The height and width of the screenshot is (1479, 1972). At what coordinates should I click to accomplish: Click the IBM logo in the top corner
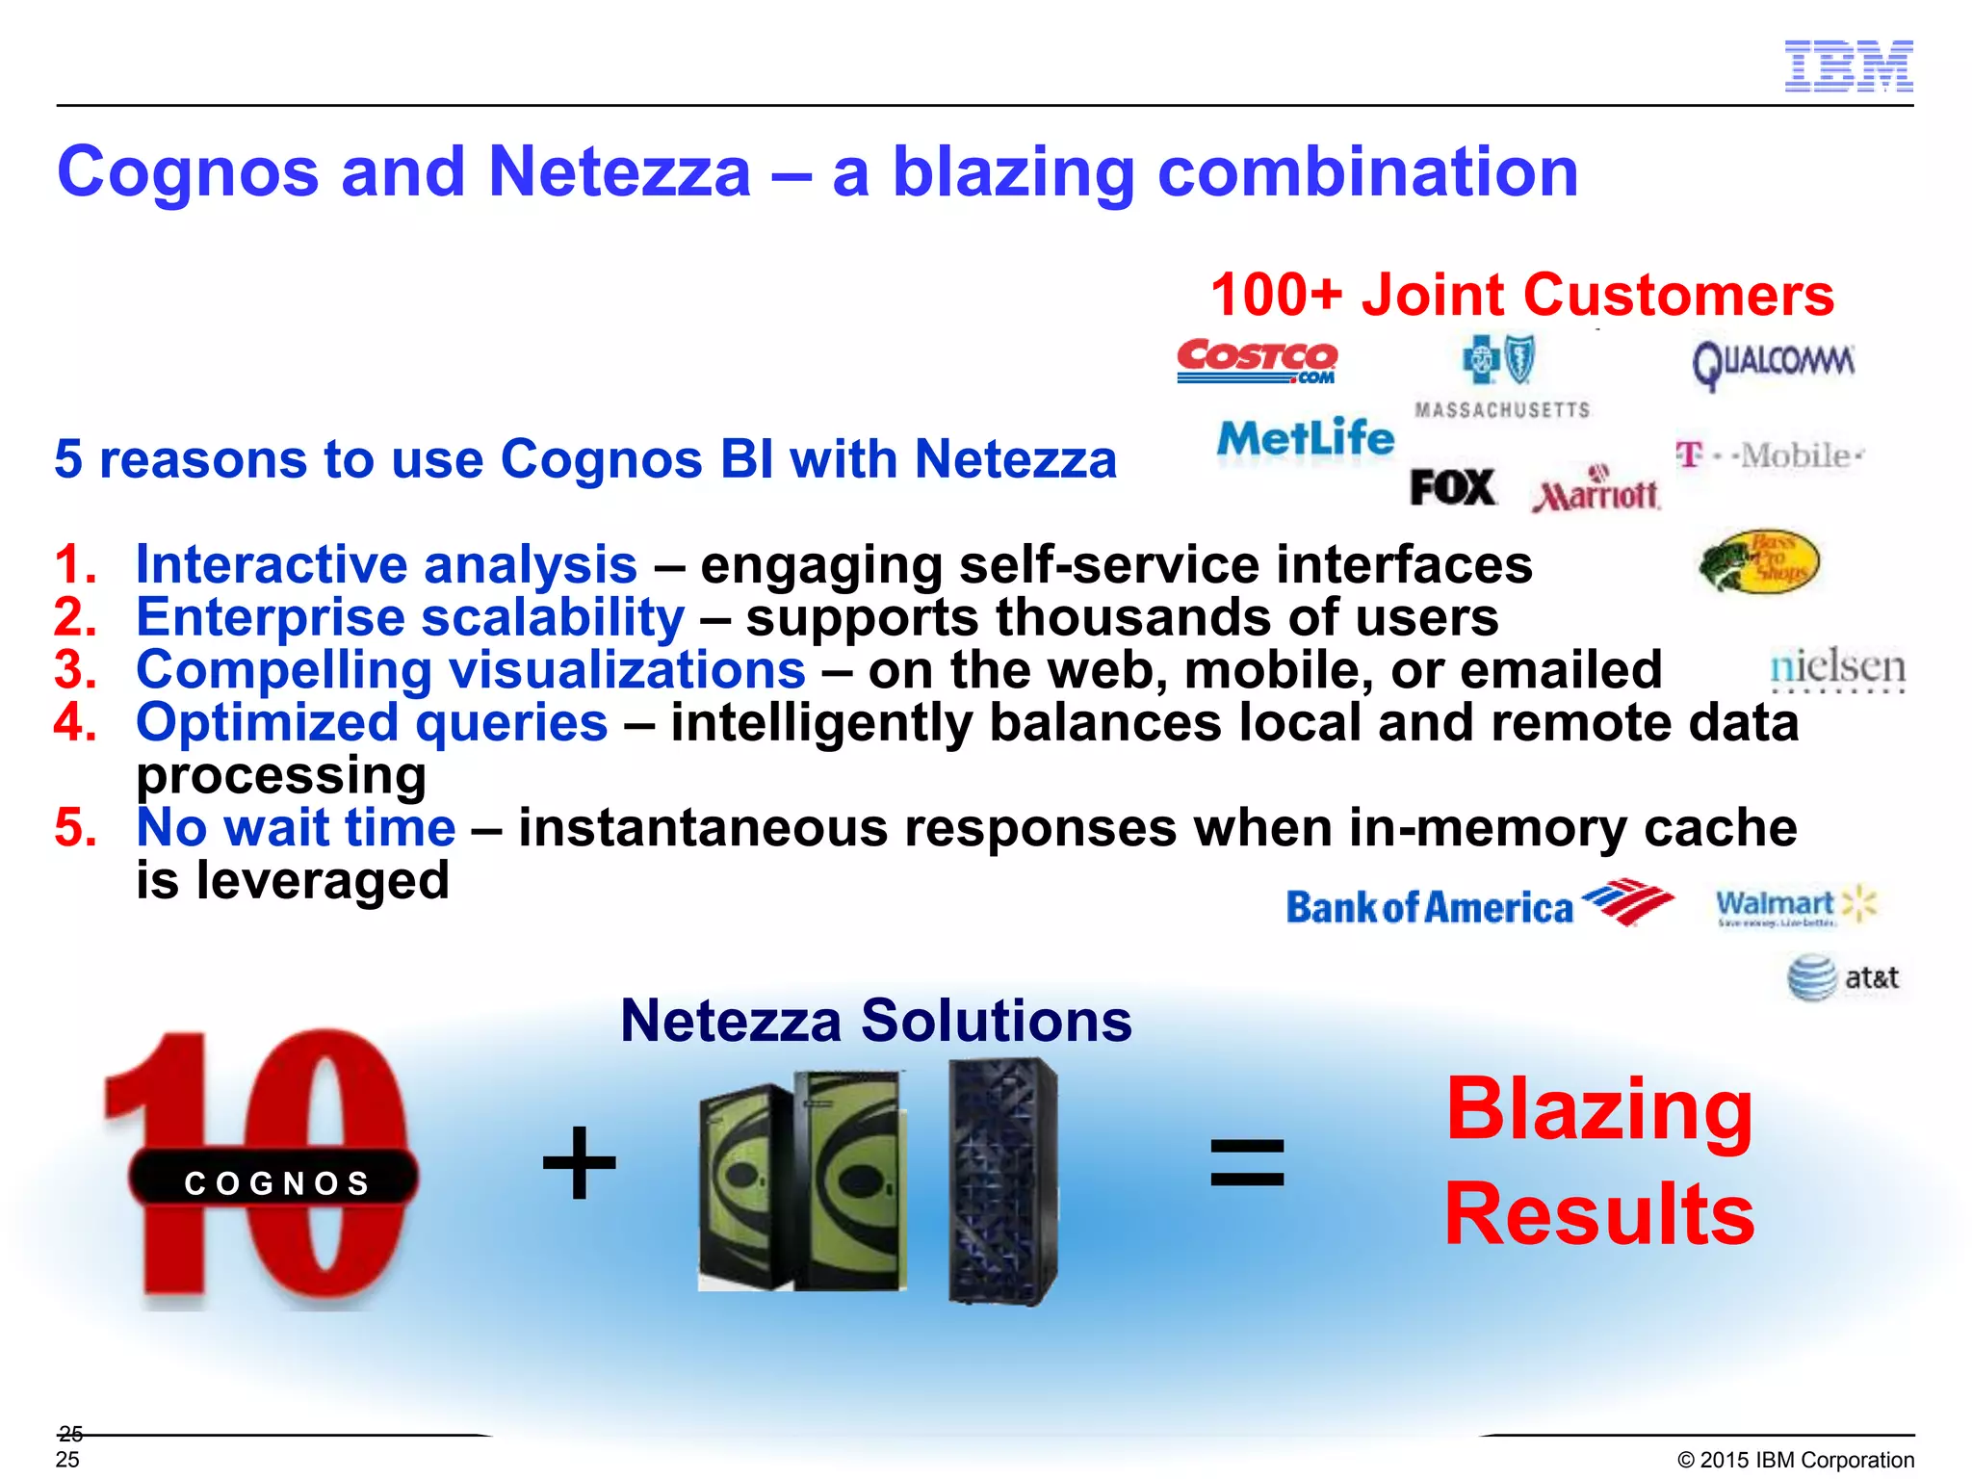click(1849, 66)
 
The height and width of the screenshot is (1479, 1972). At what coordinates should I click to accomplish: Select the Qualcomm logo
click(1773, 364)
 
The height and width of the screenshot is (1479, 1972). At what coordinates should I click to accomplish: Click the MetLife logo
click(1305, 439)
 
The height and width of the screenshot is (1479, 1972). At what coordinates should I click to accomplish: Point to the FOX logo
click(1452, 487)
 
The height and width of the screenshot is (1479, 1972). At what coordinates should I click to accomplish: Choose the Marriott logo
click(1596, 494)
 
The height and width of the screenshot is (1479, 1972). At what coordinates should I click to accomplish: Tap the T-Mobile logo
click(1769, 454)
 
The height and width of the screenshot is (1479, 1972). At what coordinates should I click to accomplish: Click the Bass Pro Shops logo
click(1758, 561)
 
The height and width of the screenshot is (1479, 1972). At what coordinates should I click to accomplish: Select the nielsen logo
click(1837, 667)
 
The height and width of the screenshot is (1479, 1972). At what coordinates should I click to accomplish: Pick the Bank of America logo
click(1479, 905)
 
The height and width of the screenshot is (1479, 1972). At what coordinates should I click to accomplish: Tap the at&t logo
click(1842, 978)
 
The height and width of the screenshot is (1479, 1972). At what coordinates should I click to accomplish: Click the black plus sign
click(579, 1162)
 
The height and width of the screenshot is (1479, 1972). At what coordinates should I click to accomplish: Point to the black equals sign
click(1247, 1162)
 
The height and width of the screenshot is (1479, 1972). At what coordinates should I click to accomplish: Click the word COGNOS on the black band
click(277, 1182)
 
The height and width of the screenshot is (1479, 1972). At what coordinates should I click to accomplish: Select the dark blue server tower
click(1002, 1181)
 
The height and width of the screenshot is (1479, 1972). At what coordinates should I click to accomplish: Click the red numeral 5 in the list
click(75, 828)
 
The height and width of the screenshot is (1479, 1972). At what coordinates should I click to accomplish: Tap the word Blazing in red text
click(1598, 1110)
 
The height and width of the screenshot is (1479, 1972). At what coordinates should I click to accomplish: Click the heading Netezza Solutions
click(875, 1021)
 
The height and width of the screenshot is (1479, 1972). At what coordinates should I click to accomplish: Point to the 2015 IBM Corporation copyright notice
click(1795, 1460)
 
